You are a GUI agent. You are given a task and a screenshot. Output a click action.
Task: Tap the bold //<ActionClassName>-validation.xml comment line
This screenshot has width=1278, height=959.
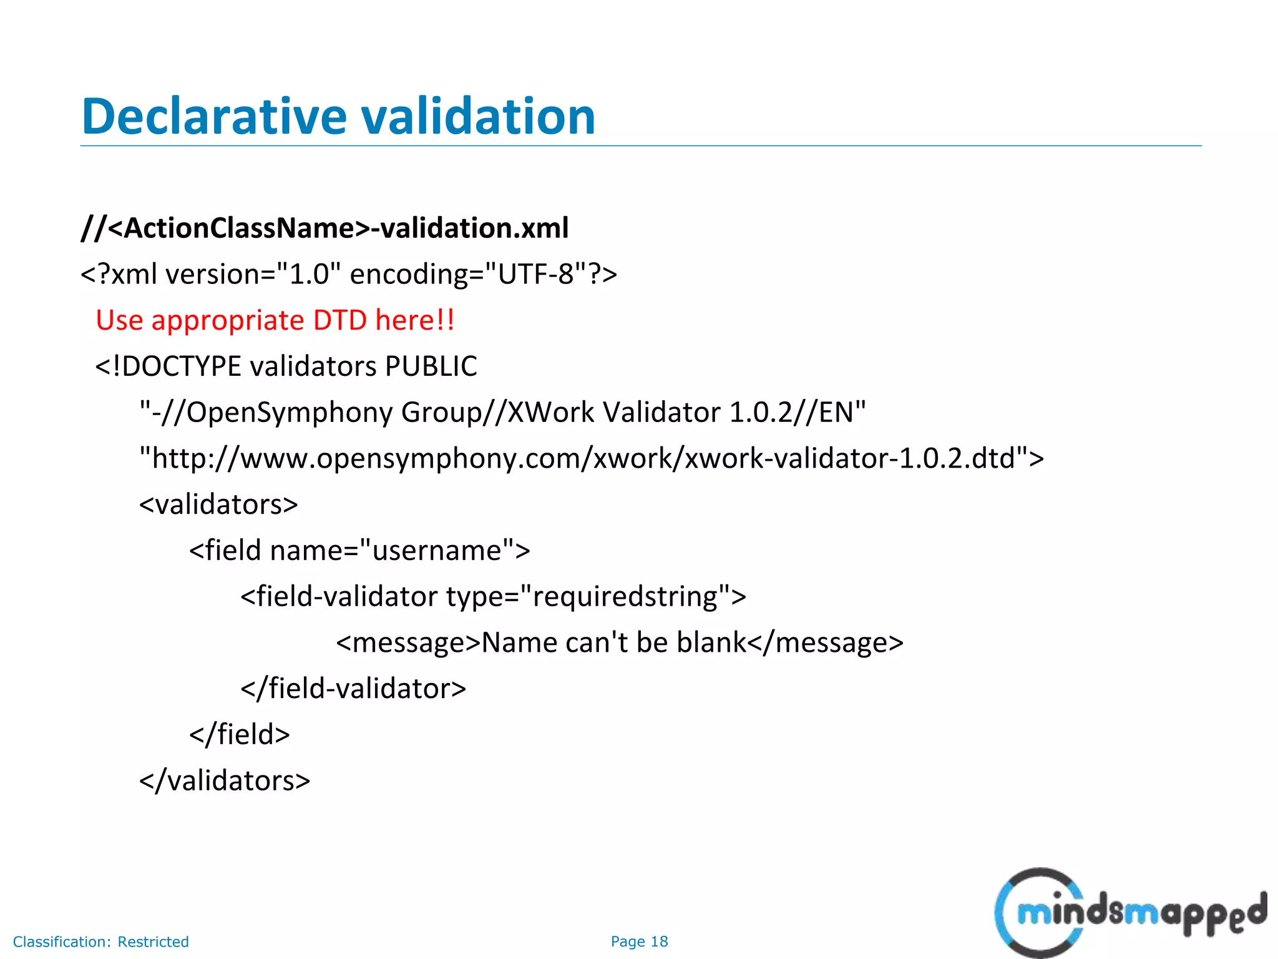coord(324,228)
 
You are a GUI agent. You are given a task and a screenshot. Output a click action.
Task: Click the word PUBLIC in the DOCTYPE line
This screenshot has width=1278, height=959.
coord(431,366)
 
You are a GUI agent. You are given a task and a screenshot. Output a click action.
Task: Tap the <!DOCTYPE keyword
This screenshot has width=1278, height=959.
coord(168,366)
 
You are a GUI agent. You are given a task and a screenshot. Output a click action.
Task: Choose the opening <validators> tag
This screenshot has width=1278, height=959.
coord(218,504)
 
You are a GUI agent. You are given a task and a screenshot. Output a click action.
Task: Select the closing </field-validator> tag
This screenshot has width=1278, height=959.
coord(353,689)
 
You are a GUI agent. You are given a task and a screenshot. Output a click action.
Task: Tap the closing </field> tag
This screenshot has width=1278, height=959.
coord(240,735)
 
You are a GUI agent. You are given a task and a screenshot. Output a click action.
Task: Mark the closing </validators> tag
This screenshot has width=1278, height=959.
coord(225,781)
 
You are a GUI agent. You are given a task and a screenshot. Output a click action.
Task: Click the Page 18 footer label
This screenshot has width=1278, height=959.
coord(639,942)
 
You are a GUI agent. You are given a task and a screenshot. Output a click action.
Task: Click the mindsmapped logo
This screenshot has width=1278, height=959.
coord(1129,912)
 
